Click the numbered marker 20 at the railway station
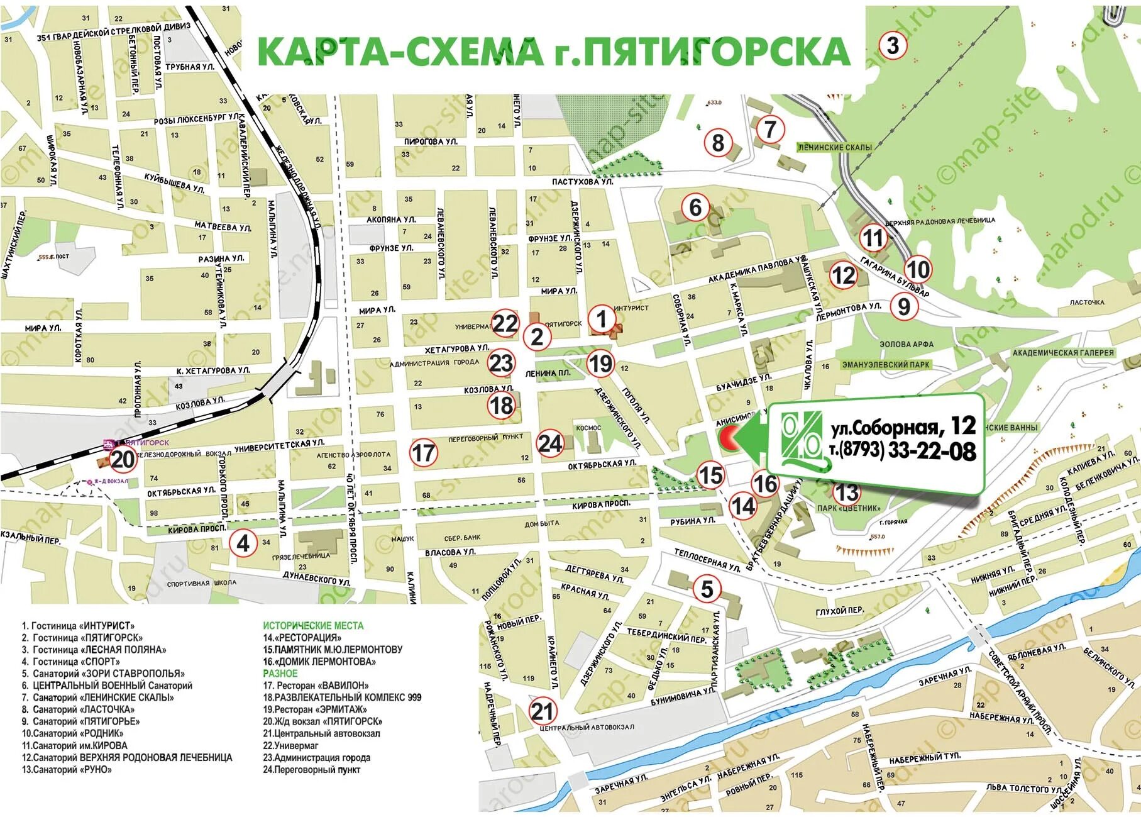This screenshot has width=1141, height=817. pos(123,459)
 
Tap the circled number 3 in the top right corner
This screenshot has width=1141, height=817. pos(893,45)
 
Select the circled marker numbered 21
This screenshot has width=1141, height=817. pos(542,712)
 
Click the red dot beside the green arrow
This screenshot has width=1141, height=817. pos(728,436)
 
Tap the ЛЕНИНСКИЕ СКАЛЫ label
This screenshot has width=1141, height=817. pos(834,147)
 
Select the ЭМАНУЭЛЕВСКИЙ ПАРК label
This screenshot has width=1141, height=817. pos(886,365)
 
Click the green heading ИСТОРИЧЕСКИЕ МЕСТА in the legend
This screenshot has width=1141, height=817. pos(313,626)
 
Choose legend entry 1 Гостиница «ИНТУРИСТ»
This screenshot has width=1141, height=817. pos(79,626)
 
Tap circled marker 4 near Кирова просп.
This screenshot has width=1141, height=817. pos(243,542)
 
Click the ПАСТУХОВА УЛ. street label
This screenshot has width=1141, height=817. pos(582,182)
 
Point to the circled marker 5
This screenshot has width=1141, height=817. pos(707,589)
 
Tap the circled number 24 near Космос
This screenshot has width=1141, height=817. pos(549,443)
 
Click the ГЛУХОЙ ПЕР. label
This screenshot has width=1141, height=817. pos(839,611)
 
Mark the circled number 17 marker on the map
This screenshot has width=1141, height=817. pos(423,452)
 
